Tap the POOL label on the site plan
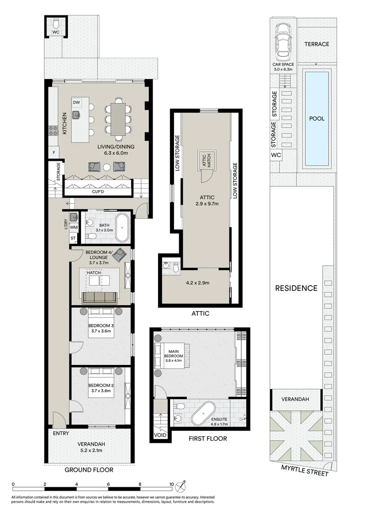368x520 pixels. pos(316,118)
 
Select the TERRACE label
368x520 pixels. pos(316,44)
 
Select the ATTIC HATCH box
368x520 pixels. pos(207,160)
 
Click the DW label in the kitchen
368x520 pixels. pos(76,103)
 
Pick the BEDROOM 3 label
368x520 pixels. pos(101,326)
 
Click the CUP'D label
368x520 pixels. pos(98,191)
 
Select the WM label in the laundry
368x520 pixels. pos(74,227)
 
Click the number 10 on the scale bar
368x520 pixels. pos(171,485)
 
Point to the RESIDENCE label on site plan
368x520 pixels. pos(296,288)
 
